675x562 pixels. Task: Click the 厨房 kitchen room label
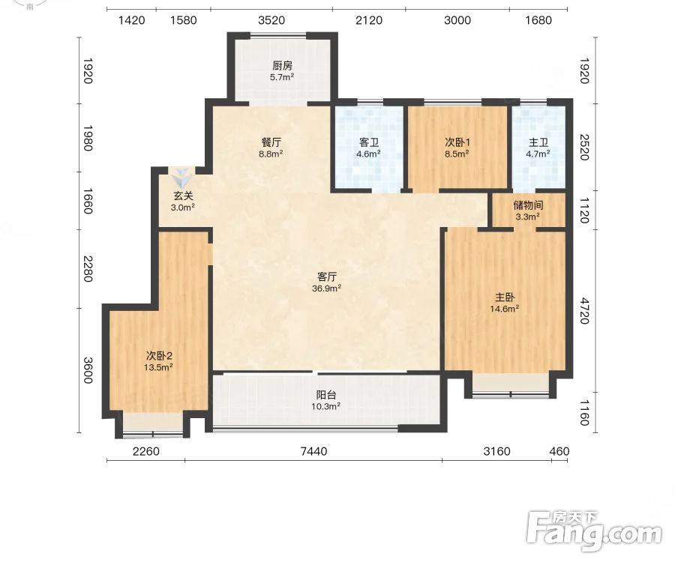coord(283,66)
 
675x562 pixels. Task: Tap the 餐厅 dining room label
coord(271,142)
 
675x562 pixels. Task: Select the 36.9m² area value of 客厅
coord(327,288)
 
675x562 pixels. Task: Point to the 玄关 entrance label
coord(184,196)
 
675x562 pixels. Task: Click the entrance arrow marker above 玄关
coord(181,176)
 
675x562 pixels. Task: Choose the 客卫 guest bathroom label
coord(368,142)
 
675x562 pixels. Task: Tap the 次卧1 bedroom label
coord(457,142)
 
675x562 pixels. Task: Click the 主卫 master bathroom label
coord(538,142)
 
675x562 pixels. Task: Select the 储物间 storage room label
coord(528,205)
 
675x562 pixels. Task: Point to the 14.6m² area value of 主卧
coord(504,308)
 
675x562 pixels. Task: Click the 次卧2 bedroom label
coord(159,356)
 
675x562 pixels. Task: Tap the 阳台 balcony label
coord(326,395)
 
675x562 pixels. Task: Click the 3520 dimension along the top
coord(271,20)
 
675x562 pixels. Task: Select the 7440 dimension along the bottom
coord(313,451)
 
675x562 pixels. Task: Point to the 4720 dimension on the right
coord(583,310)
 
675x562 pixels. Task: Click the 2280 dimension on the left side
coord(88,269)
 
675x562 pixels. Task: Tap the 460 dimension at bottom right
coord(559,451)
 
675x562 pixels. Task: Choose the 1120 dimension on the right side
coord(583,211)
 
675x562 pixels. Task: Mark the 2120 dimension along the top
coord(369,20)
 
